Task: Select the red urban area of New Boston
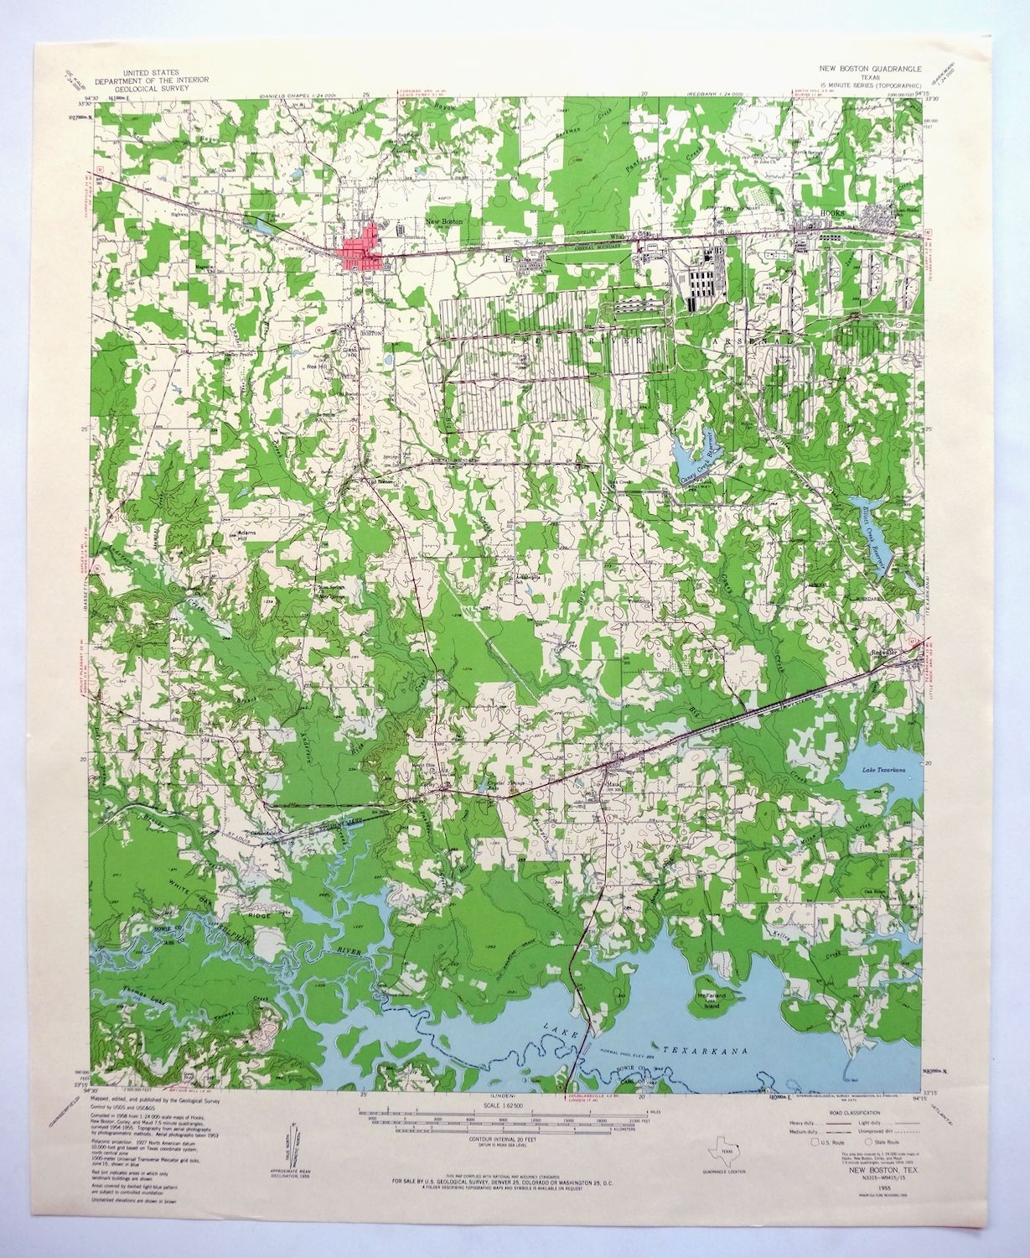click(360, 250)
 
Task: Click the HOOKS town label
click(831, 215)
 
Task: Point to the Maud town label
click(613, 785)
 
